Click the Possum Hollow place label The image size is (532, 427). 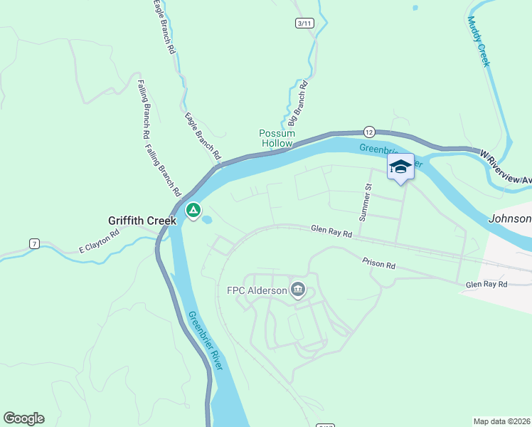tap(276, 138)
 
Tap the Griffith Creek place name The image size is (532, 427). tap(142, 221)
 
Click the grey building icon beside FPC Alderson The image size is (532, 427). tap(298, 290)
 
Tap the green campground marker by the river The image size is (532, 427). tap(193, 211)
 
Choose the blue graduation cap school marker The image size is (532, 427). tap(400, 167)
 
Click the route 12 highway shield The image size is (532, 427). tap(368, 132)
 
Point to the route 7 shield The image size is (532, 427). tap(34, 244)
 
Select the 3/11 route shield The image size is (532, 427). tap(304, 23)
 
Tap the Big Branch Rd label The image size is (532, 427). tap(298, 103)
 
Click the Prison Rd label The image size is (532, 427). tap(378, 264)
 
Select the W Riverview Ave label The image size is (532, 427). tap(506, 168)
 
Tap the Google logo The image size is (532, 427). tap(23, 418)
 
